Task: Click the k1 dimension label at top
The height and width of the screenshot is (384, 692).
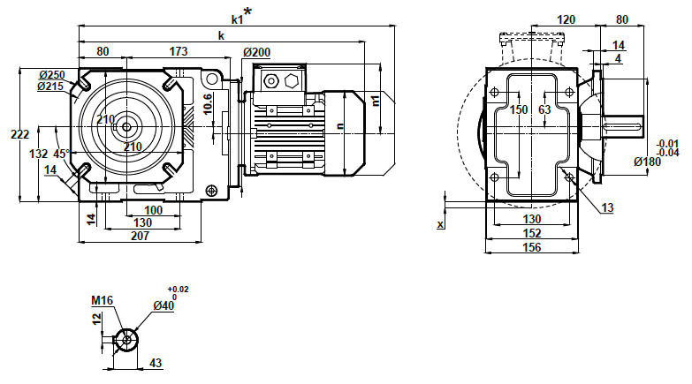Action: tap(237, 19)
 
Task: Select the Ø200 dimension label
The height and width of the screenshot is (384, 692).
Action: tap(256, 53)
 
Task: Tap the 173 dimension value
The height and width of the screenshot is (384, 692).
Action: tap(178, 52)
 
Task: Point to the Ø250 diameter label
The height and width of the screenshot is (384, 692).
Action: tap(52, 75)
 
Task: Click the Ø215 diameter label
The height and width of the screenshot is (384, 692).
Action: tap(52, 86)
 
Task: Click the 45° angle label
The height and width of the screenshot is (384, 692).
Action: tap(62, 154)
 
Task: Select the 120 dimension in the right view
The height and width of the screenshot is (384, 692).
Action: tap(567, 19)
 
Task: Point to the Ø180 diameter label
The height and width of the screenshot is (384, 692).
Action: tap(649, 161)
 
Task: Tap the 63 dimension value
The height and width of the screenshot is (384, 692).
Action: tap(544, 109)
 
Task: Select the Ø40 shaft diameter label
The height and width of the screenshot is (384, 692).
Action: tap(164, 305)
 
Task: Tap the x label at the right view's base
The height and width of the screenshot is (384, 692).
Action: tap(440, 225)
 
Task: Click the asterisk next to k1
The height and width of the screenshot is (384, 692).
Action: tap(247, 11)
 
